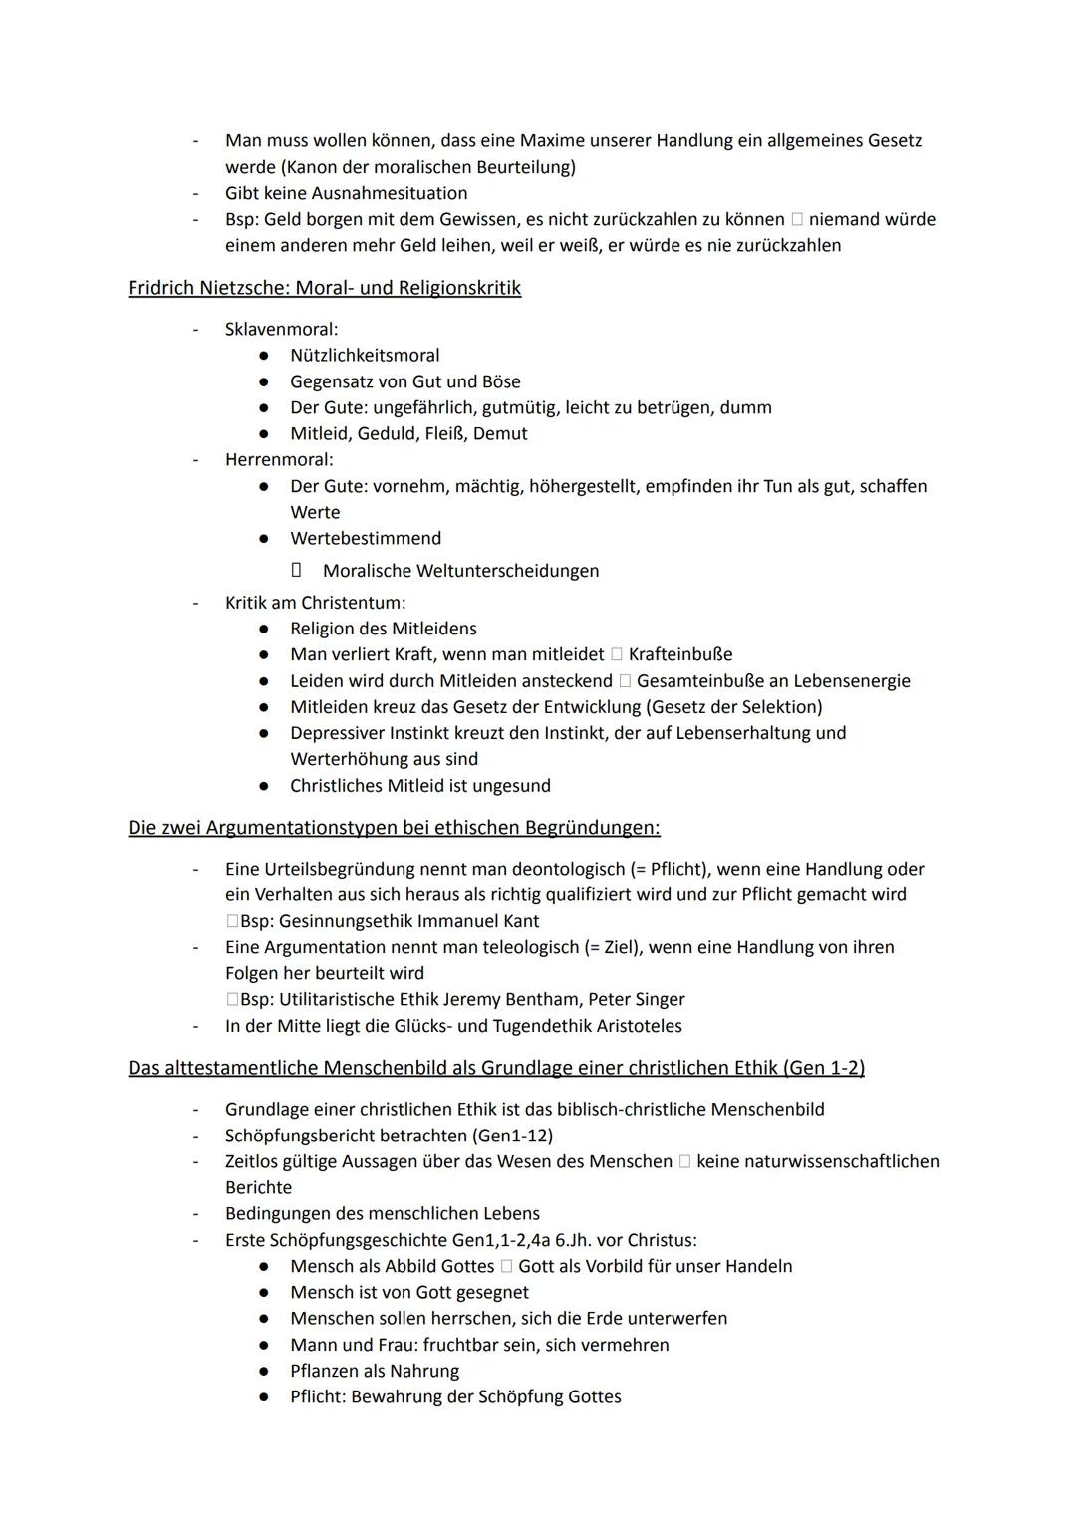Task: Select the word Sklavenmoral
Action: click(x=280, y=329)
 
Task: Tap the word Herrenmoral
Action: click(x=278, y=459)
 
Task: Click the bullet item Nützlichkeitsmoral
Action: click(x=365, y=355)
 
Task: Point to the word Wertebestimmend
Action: click(x=366, y=538)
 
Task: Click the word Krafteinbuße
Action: click(x=680, y=654)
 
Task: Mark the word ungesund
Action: click(x=513, y=785)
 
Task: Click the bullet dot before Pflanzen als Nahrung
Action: click(x=264, y=1371)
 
